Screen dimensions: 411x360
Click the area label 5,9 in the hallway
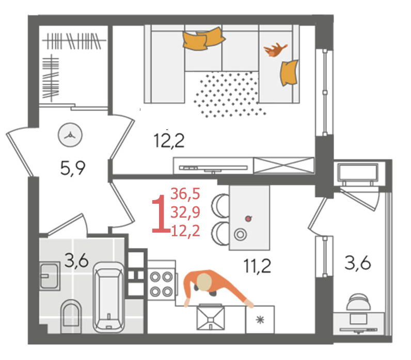(x=73, y=168)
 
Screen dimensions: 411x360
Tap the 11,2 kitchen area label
(x=257, y=266)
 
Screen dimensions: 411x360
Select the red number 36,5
(x=185, y=194)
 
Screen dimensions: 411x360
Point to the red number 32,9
(x=185, y=212)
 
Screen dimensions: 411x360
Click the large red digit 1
(x=161, y=214)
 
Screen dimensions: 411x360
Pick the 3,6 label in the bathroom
(x=76, y=261)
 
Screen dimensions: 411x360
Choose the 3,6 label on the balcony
(x=357, y=263)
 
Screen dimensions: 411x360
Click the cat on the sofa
(x=275, y=50)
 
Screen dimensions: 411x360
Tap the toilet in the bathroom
(x=71, y=316)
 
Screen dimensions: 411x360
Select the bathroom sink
(x=49, y=276)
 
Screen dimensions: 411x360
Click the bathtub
(x=108, y=297)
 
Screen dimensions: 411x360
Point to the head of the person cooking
(x=204, y=282)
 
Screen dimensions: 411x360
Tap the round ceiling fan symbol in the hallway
(x=70, y=136)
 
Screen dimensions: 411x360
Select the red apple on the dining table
(x=248, y=218)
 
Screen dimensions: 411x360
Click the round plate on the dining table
(x=240, y=234)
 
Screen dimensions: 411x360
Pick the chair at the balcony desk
(x=358, y=302)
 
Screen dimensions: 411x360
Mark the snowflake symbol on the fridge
(x=260, y=320)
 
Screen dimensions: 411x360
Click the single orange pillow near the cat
(x=289, y=73)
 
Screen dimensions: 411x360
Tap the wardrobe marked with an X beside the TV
(x=284, y=166)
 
